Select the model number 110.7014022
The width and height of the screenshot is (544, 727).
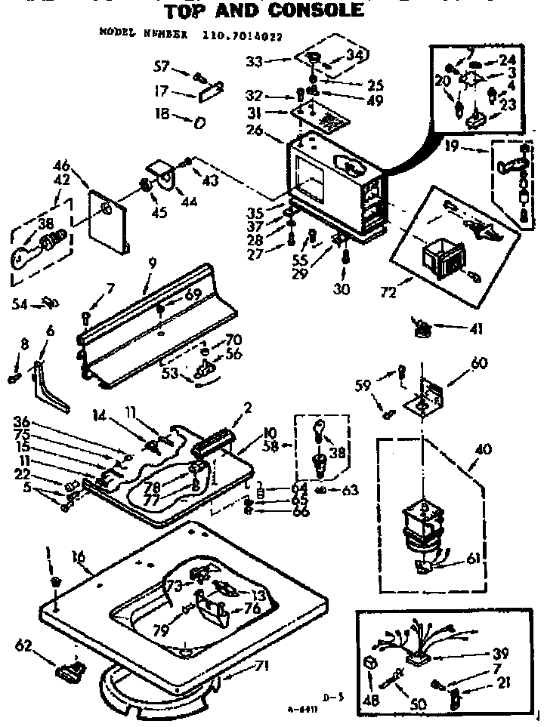pyautogui.click(x=237, y=33)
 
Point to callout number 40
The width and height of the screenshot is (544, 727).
pyautogui.click(x=484, y=451)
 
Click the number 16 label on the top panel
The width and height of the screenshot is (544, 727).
pyautogui.click(x=78, y=558)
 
